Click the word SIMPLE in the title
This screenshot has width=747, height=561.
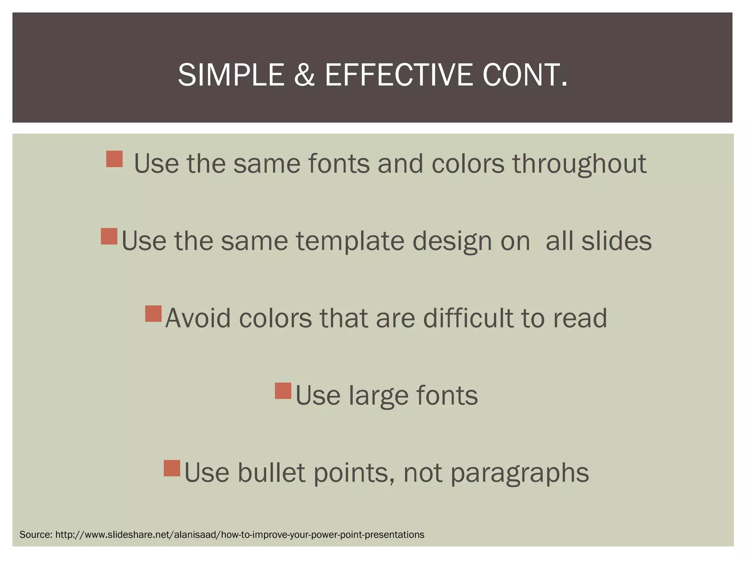(231, 75)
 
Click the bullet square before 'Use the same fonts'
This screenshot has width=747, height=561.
(114, 159)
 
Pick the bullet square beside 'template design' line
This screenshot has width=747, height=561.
(109, 236)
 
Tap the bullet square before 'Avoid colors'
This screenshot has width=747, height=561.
(153, 314)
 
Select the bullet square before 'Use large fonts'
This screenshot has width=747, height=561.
(283, 391)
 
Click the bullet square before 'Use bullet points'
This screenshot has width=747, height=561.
(172, 468)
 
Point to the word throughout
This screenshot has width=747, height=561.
(580, 164)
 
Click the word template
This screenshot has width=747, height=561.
(350, 241)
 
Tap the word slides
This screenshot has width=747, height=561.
(616, 241)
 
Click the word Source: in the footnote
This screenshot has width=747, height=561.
(36, 535)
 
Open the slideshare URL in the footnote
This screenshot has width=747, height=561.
(240, 535)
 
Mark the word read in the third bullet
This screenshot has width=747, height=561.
(580, 318)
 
